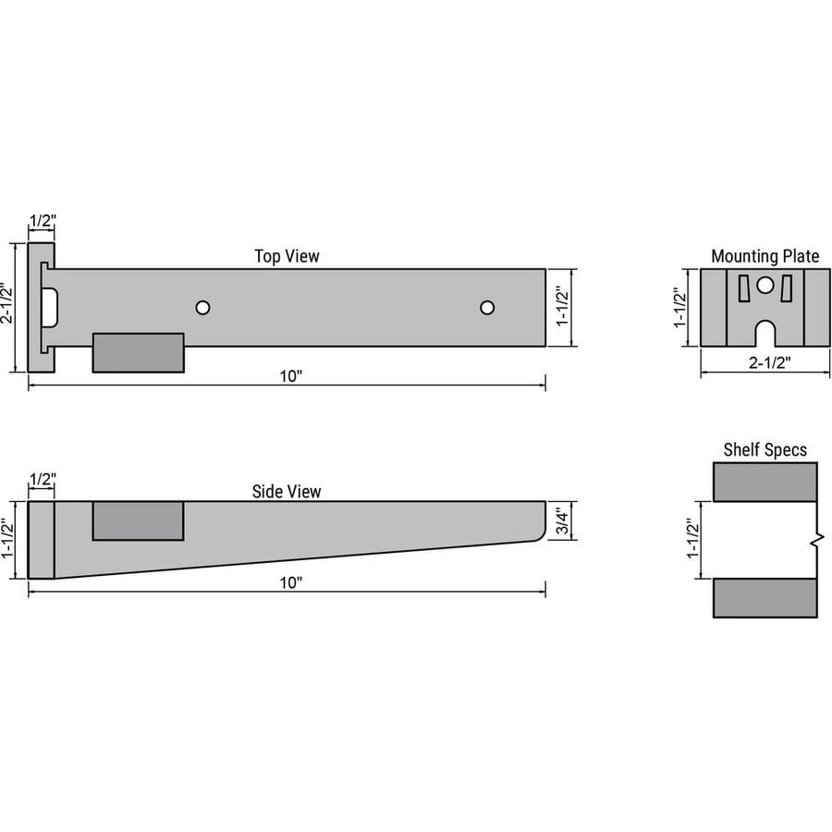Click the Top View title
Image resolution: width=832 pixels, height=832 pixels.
[287, 256]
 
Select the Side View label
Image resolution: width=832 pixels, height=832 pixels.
[287, 492]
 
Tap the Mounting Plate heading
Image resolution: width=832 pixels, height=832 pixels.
[765, 256]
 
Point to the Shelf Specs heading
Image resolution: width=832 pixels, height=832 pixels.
[765, 450]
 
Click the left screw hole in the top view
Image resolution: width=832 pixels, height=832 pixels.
[202, 307]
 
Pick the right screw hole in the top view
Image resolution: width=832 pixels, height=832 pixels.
[487, 307]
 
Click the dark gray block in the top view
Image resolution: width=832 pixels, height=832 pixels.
[139, 352]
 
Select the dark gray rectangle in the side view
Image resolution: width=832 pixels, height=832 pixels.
[139, 520]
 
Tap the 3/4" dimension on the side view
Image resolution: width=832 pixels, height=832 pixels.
[562, 521]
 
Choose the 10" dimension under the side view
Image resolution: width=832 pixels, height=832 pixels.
[290, 582]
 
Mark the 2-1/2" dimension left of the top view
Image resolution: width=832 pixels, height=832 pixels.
[8, 307]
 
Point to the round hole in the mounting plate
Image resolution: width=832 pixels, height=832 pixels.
[765, 286]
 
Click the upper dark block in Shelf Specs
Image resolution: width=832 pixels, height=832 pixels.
[765, 482]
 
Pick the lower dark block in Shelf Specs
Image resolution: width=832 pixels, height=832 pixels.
[765, 597]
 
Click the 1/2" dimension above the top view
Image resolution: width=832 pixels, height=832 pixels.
[42, 222]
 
